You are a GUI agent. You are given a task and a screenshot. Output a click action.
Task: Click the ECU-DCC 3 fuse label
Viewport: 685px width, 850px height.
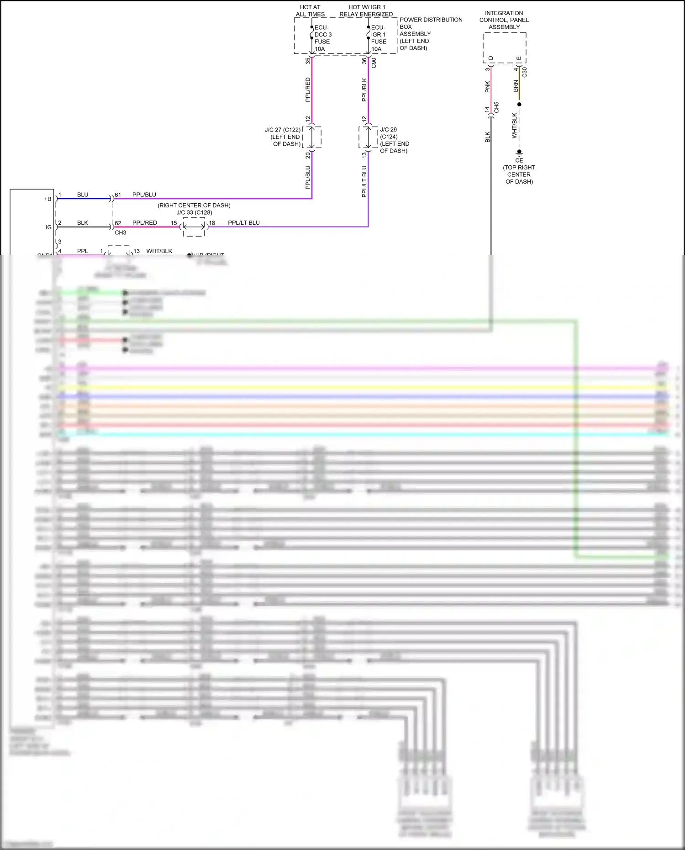(x=322, y=38)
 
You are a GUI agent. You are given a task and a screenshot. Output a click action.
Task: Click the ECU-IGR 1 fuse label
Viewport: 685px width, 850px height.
(x=379, y=38)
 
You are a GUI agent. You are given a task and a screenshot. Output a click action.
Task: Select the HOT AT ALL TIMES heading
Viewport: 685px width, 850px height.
(x=310, y=11)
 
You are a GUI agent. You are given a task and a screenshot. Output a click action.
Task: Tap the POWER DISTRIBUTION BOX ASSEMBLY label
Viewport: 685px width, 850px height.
(x=430, y=34)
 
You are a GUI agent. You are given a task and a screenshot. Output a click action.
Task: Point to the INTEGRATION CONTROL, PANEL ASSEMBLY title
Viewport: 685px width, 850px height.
(x=504, y=20)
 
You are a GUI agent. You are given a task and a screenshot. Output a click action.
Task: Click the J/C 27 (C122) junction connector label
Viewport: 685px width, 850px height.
(x=283, y=137)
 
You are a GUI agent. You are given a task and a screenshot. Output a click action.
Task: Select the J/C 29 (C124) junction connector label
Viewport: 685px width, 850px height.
(x=394, y=140)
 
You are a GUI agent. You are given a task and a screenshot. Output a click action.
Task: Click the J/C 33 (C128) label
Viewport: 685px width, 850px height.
(x=194, y=212)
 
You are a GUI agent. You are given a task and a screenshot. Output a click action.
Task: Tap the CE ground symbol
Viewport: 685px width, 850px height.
(x=519, y=153)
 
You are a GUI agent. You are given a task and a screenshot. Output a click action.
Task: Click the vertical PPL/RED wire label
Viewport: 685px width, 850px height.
(x=308, y=90)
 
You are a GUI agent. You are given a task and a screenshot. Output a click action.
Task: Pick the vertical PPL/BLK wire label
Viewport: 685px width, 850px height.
(x=364, y=90)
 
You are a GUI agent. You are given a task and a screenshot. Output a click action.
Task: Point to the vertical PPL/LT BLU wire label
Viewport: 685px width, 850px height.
(x=364, y=181)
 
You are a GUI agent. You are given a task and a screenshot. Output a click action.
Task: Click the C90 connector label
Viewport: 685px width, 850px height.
(x=374, y=63)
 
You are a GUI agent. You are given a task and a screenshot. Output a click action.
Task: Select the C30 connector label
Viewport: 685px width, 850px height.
(x=524, y=72)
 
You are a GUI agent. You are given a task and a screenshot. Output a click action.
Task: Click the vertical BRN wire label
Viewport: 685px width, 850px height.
(x=516, y=86)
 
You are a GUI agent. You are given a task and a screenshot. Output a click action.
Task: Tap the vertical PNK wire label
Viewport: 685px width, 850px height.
(x=487, y=87)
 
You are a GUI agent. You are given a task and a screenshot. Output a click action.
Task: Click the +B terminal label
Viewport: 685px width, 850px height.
(x=47, y=199)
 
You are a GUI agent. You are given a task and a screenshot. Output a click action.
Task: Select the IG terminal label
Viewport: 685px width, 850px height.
(x=48, y=227)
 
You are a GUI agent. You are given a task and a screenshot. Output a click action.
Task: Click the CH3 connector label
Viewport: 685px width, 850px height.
(x=120, y=232)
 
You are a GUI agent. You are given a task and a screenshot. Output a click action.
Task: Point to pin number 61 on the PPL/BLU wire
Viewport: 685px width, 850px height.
(x=118, y=195)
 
